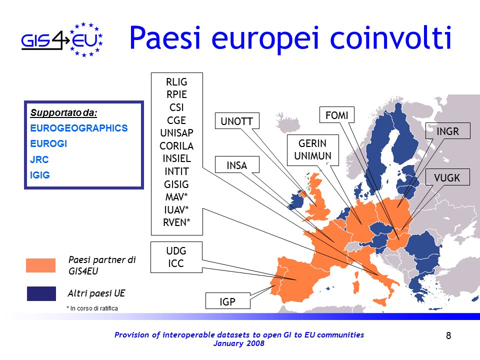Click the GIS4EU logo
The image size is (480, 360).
62,40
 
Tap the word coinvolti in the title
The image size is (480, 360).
390,37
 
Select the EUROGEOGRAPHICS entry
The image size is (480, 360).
79,128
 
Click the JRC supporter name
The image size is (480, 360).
39,159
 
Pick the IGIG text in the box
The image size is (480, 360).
40,175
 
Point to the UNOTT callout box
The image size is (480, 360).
237,121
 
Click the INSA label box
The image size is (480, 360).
237,165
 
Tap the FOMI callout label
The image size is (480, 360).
336,115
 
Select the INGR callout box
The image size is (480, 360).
447,131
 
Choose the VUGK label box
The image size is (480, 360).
447,177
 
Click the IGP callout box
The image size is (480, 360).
228,301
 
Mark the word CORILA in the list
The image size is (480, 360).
176,145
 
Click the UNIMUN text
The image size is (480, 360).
313,156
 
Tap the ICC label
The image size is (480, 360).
176,263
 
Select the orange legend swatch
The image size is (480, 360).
40,265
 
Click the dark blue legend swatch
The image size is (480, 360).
41,293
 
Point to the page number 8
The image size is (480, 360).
448,336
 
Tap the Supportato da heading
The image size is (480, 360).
63,112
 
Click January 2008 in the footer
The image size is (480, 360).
239,343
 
